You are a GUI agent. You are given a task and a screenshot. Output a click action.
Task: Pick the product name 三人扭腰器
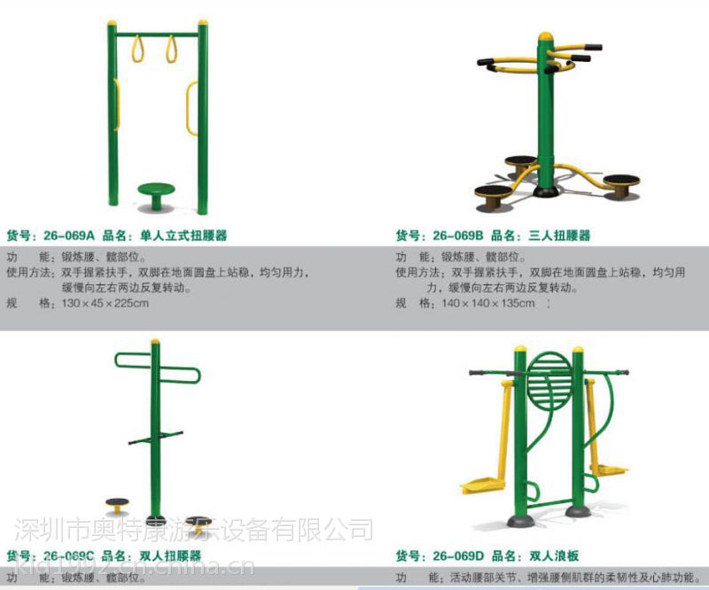558,236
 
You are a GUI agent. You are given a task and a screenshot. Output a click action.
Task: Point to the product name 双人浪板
553,556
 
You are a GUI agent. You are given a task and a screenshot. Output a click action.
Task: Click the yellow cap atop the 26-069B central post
544,36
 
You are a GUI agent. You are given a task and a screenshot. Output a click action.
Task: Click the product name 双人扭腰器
170,556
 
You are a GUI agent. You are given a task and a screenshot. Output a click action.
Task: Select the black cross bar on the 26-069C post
155,438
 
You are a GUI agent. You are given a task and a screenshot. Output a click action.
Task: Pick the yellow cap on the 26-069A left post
112,25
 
